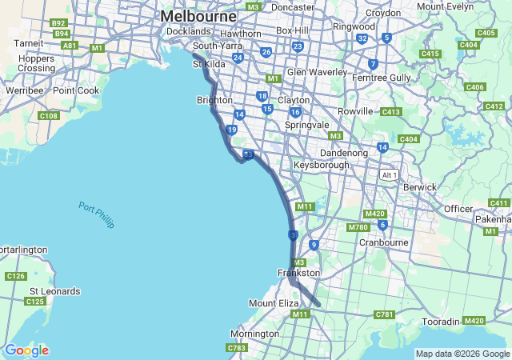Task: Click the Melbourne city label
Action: [198, 16]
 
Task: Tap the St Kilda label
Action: [210, 63]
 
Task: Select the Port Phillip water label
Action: [97, 215]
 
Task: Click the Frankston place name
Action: [298, 273]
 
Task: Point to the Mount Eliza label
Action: [274, 304]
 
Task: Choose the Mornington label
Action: [254, 333]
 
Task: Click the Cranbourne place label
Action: [384, 242]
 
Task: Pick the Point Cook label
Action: [76, 90]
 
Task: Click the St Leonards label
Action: [54, 291]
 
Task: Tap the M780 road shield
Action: [358, 227]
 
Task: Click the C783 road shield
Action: [237, 348]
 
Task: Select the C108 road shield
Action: [49, 116]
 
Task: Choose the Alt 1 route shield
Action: [390, 175]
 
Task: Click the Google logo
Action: [26, 350]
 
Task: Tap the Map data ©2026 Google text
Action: [462, 354]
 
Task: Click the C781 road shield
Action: [384, 314]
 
